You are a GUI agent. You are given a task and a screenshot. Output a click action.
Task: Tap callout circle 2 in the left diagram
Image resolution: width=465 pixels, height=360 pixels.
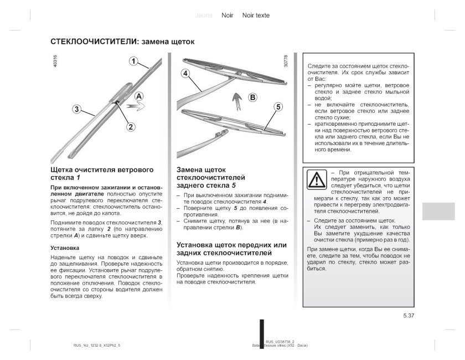click(x=131, y=126)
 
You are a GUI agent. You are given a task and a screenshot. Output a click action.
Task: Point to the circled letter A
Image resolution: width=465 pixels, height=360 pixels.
click(x=138, y=96)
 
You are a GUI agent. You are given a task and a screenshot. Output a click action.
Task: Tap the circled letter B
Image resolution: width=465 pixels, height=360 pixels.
click(x=253, y=97)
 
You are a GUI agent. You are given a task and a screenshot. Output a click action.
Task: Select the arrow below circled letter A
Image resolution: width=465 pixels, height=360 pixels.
click(x=135, y=105)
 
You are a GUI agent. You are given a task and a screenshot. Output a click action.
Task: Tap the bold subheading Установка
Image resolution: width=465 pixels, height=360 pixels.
click(x=64, y=248)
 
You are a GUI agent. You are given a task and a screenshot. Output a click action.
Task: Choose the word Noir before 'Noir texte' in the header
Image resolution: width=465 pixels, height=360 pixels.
click(x=227, y=16)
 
